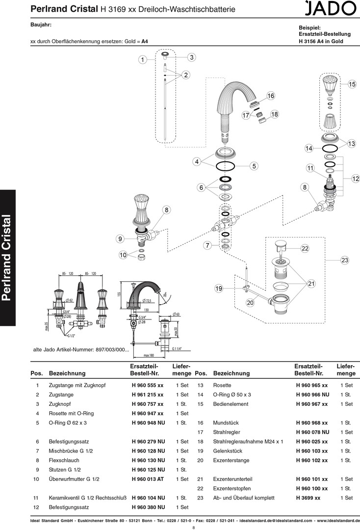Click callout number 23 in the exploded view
345,260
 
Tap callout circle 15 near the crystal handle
352,84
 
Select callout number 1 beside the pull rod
142,60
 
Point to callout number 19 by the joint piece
219,289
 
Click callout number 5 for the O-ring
254,166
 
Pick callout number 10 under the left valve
123,255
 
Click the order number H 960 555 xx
148,385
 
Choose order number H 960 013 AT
148,479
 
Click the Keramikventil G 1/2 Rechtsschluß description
87,498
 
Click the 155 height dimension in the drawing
119,294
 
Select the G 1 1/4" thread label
178,348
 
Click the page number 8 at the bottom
194,527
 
